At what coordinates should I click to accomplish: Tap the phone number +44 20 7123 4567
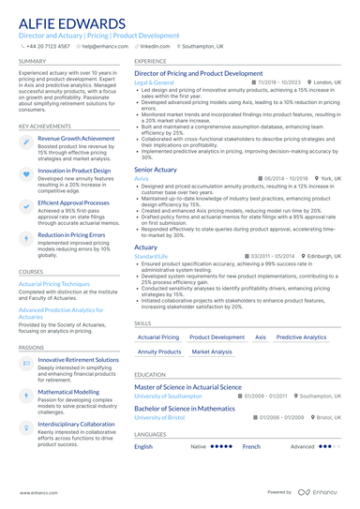[x=49, y=45]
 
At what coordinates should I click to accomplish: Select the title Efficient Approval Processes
[x=74, y=202]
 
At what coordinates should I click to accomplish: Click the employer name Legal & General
[x=155, y=82]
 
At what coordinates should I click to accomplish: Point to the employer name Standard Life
[x=151, y=255]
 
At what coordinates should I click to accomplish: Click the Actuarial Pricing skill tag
[x=157, y=336]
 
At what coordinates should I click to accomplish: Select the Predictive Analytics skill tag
[x=301, y=336]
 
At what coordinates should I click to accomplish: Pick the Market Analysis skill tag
[x=211, y=352]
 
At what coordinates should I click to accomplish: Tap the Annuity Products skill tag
[x=159, y=352]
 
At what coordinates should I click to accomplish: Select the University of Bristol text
[x=161, y=417]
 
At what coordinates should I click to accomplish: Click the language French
[x=251, y=447]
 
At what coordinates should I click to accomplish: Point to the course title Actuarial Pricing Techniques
[x=54, y=283]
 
